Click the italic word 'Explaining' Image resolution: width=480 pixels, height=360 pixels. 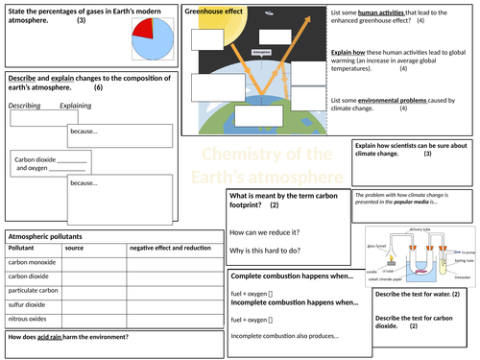coord(77,105)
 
